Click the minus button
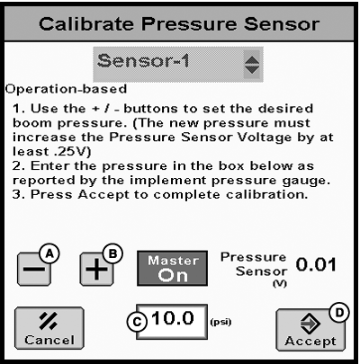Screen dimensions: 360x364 click(x=34, y=269)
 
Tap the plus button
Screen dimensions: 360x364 click(x=96, y=269)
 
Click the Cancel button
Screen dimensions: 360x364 click(x=49, y=328)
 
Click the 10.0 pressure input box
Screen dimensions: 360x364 click(x=172, y=322)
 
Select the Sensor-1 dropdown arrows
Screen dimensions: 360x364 click(x=252, y=65)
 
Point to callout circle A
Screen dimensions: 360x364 click(x=49, y=254)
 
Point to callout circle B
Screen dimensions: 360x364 click(x=112, y=254)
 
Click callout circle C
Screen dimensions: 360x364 click(x=137, y=322)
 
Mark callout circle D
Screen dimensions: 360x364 click(x=339, y=313)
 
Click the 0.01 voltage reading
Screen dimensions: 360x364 click(x=316, y=265)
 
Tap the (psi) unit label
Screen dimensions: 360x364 click(x=220, y=322)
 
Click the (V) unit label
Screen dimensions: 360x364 click(x=280, y=284)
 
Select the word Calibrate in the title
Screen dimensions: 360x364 click(x=86, y=24)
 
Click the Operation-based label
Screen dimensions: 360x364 click(x=66, y=89)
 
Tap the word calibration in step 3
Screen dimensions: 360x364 click(x=267, y=194)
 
